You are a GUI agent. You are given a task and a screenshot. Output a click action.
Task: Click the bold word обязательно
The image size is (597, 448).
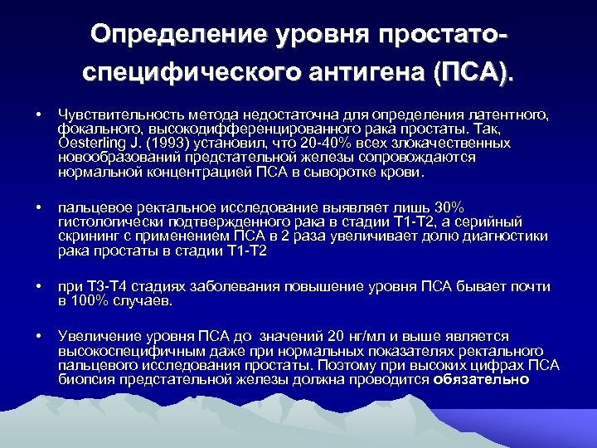[481, 380]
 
